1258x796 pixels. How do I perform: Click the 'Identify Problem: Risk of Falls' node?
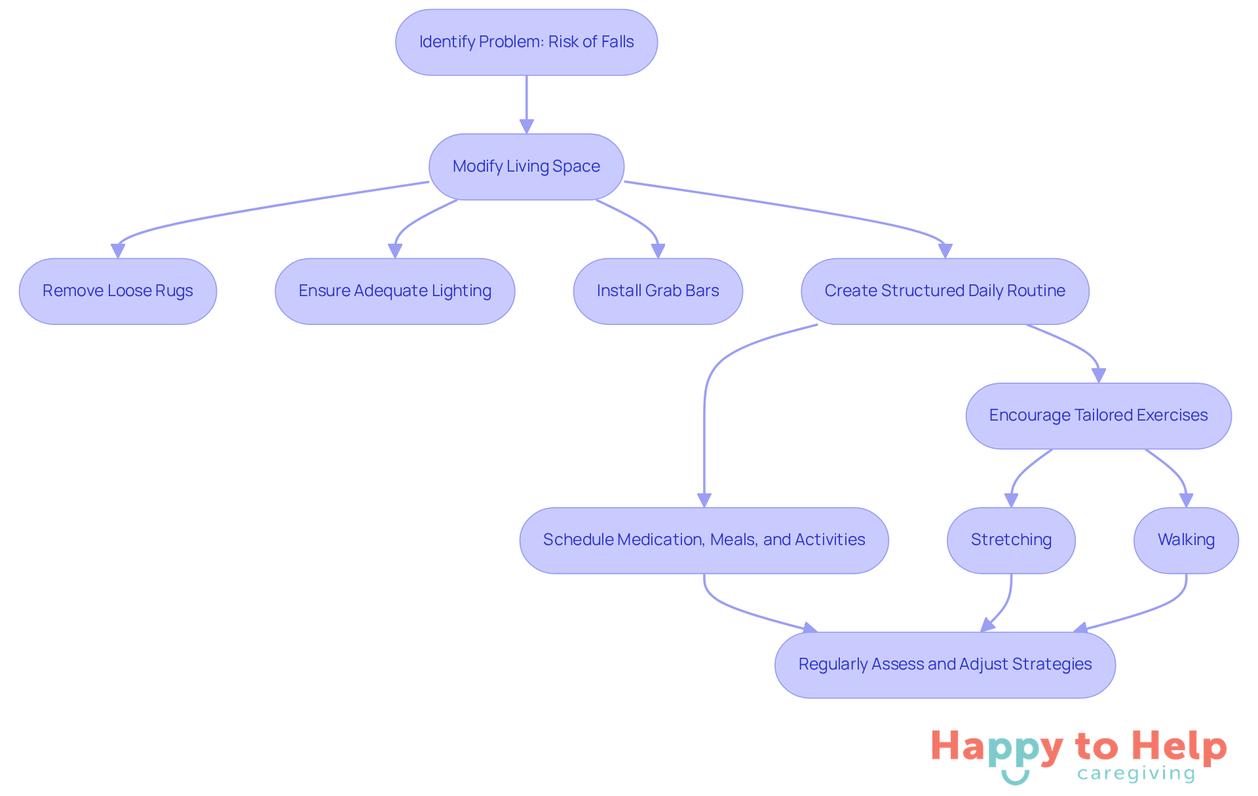click(526, 42)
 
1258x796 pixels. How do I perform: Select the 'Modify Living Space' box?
click(526, 166)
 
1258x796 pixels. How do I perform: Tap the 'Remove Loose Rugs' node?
click(118, 291)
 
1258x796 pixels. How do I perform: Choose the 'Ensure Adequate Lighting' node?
click(394, 291)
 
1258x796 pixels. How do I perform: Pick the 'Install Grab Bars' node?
click(658, 291)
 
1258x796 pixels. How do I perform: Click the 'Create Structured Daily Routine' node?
click(945, 291)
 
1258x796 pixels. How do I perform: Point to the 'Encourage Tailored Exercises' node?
click(1098, 415)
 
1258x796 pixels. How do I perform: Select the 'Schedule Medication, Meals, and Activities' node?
click(704, 540)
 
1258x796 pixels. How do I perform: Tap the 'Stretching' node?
click(1011, 540)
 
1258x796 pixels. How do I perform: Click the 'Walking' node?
click(1186, 540)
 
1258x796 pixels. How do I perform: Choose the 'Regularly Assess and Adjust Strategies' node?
click(945, 664)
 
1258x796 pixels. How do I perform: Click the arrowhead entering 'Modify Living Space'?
click(526, 126)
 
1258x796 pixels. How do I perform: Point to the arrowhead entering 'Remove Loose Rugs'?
click(118, 251)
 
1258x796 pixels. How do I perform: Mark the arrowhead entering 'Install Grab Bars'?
click(658, 251)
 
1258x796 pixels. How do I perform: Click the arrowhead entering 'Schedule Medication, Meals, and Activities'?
click(704, 500)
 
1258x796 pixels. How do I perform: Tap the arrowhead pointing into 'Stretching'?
click(1011, 500)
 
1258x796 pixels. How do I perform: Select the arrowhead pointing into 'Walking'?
click(1186, 500)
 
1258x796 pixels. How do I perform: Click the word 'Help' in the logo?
click(1179, 747)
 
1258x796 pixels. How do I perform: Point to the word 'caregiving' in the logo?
click(1136, 774)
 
